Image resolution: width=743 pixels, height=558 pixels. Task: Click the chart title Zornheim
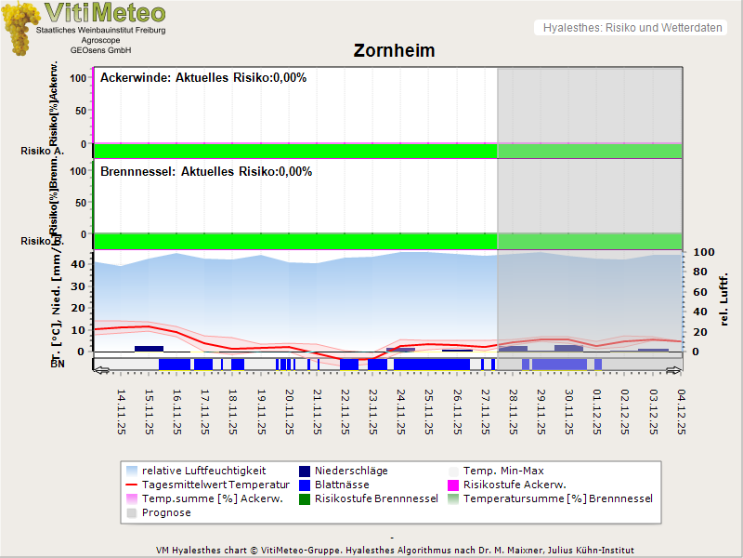(x=394, y=50)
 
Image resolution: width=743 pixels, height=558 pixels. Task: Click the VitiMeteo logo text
(x=104, y=13)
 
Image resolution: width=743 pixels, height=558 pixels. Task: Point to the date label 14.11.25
(x=121, y=412)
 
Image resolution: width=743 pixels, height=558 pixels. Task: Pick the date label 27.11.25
(x=485, y=412)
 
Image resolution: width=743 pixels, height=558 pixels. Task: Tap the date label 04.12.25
(x=681, y=412)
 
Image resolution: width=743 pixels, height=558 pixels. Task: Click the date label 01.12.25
(x=597, y=412)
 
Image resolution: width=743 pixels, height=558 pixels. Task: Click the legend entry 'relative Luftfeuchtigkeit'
(x=203, y=471)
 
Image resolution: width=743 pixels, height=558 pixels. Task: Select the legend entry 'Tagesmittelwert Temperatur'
(x=209, y=485)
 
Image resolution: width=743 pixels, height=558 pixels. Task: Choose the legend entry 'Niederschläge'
(x=351, y=471)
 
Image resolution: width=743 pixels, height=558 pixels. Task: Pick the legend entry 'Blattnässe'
(x=342, y=485)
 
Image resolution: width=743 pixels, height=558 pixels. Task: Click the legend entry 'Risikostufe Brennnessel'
(x=376, y=498)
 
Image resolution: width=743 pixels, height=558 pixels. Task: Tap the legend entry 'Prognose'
(x=166, y=512)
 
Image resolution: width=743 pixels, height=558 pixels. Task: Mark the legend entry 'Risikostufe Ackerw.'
(x=514, y=485)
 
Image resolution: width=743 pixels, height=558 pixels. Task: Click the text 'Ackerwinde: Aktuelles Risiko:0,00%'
(x=203, y=78)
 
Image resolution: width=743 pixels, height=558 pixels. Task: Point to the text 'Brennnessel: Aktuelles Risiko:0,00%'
(x=206, y=172)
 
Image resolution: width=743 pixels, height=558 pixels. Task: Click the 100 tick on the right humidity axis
(x=702, y=252)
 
